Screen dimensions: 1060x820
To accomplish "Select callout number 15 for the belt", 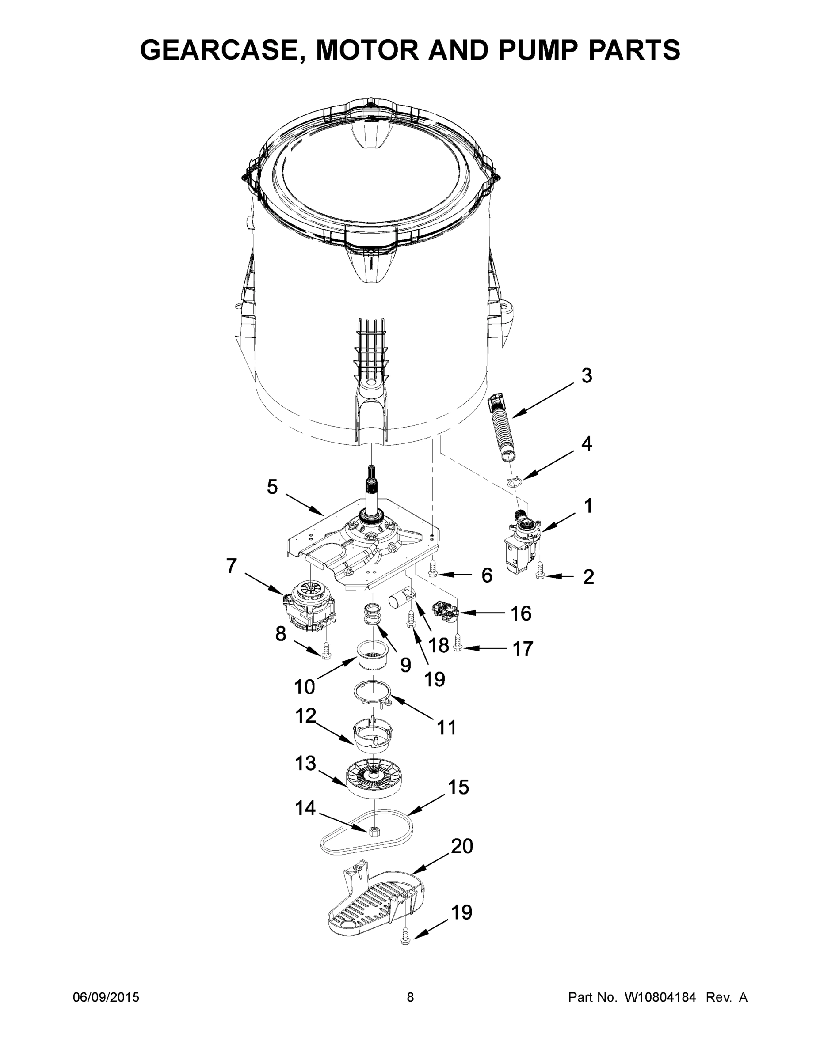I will pyautogui.click(x=458, y=787).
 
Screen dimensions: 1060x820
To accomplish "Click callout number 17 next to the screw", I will pyautogui.click(x=523, y=648).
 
